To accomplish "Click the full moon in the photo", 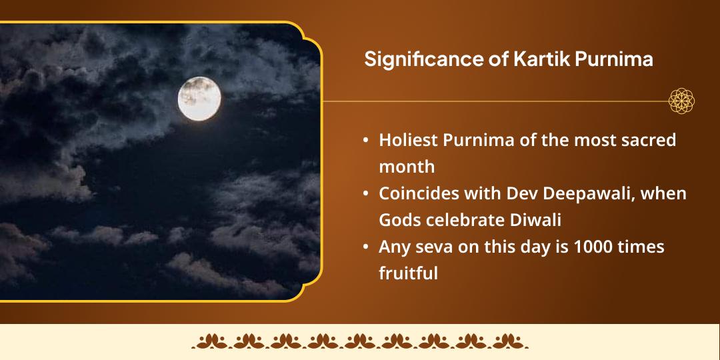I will [x=199, y=99].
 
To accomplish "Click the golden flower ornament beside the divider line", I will [x=682, y=101].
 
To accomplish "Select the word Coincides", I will [x=417, y=193].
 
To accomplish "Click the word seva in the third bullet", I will [x=428, y=247].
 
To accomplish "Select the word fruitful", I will [x=409, y=273].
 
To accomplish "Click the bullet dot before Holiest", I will [x=366, y=141].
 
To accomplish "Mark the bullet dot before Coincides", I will [x=366, y=194].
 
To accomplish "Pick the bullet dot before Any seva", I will [x=366, y=247].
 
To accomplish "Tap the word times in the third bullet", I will [x=641, y=247].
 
